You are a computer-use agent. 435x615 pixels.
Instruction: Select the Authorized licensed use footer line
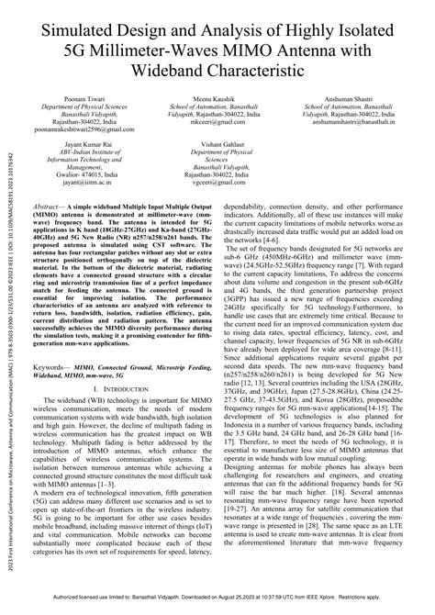(217, 608)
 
